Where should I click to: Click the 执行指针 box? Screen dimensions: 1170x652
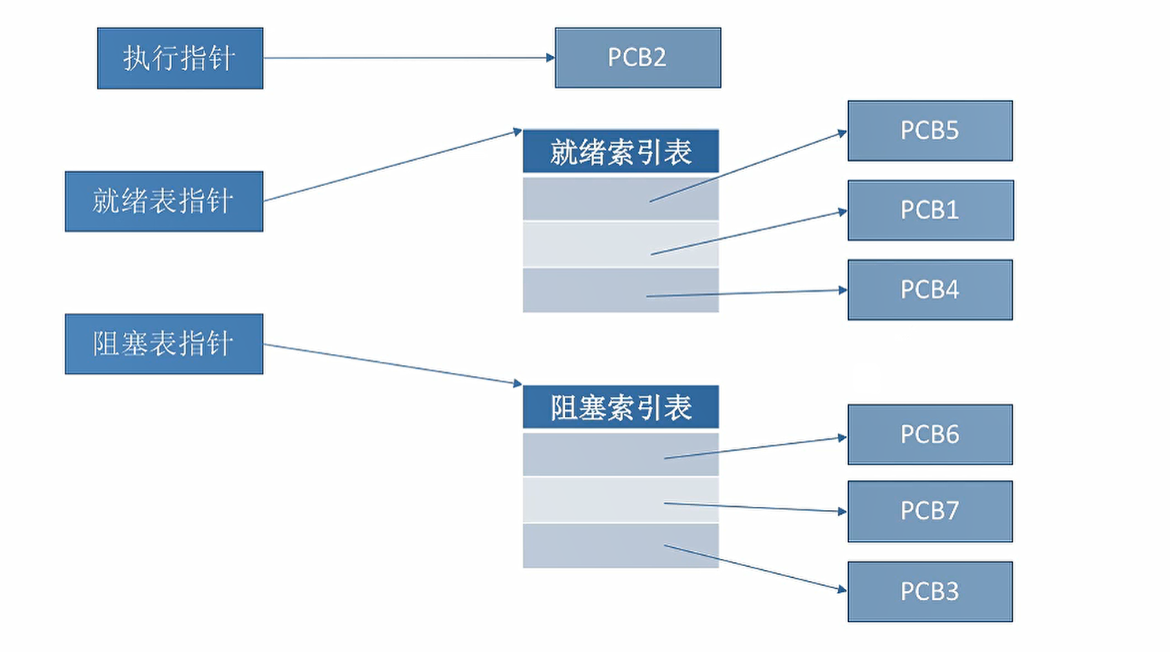(180, 58)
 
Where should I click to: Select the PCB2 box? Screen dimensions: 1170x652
(637, 58)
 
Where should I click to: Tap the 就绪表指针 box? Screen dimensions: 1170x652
(164, 202)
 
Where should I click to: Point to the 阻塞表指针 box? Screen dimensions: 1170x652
(164, 344)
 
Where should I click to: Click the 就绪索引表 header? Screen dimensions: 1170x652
(621, 151)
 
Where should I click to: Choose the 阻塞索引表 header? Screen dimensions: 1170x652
(621, 407)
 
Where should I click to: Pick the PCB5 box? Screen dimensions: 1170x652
(930, 131)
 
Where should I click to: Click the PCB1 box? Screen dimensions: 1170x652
(931, 211)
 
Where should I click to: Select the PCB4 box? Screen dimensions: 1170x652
(930, 289)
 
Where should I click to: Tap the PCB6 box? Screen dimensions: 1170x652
(930, 434)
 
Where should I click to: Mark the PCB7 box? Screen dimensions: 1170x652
(930, 512)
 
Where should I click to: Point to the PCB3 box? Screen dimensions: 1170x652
(930, 592)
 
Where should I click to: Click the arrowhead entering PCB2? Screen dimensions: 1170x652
(550, 58)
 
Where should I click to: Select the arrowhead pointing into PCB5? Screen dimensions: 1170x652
(843, 133)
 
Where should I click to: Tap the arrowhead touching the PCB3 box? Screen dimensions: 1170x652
(843, 590)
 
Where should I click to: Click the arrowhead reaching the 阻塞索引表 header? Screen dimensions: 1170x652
(518, 384)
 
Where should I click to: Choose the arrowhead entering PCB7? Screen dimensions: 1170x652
(843, 512)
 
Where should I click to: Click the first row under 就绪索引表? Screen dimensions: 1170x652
(621, 199)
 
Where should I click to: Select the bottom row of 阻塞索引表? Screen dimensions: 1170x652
(621, 546)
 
